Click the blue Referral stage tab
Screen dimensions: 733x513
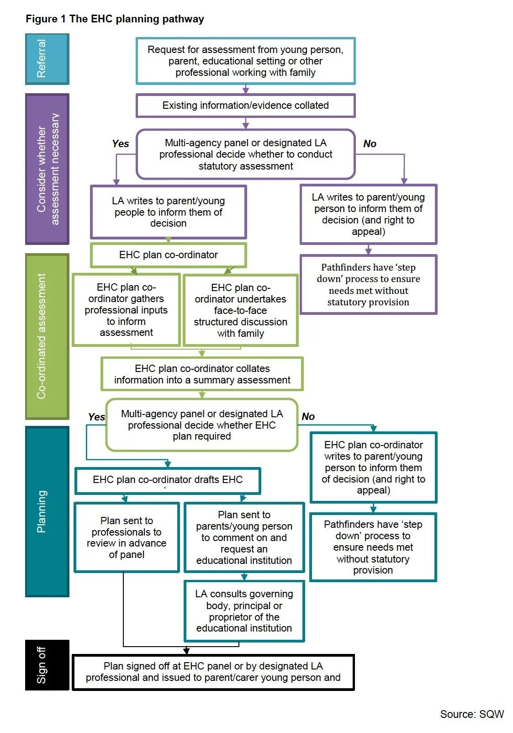tap(47, 59)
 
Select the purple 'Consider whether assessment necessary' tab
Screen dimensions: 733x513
tap(47, 169)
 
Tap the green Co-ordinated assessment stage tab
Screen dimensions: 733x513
tap(47, 336)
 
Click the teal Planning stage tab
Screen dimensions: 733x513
tap(47, 511)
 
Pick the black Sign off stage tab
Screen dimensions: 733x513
tap(47, 665)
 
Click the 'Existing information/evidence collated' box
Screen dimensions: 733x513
tap(245, 106)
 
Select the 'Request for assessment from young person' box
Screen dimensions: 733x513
tap(245, 61)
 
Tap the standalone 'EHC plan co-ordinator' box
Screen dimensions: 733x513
tap(168, 255)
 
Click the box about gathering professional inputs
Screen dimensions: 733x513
tap(126, 310)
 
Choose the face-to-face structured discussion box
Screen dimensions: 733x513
tap(240, 310)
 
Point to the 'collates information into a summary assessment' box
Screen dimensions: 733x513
tap(202, 374)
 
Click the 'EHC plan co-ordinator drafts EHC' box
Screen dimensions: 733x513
tap(168, 480)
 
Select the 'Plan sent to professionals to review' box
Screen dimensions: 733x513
tap(127, 537)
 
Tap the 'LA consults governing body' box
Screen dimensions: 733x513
tap(244, 611)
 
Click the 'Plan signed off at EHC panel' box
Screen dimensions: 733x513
tap(213, 672)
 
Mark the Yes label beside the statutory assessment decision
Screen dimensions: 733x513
tap(121, 143)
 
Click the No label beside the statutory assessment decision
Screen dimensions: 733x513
tap(370, 143)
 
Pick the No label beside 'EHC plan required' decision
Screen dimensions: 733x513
tap(308, 416)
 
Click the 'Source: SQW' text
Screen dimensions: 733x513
tap(471, 714)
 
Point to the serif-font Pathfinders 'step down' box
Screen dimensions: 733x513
tap(368, 285)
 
